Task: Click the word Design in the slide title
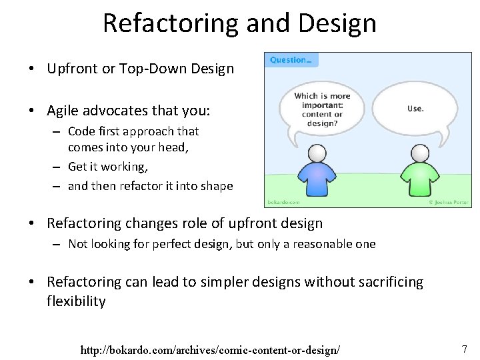339,23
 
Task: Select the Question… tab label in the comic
291,60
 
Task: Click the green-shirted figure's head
419,154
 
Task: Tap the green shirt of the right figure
419,179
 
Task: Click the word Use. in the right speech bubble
415,108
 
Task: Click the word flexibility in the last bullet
76,301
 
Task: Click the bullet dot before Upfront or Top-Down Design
31,69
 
